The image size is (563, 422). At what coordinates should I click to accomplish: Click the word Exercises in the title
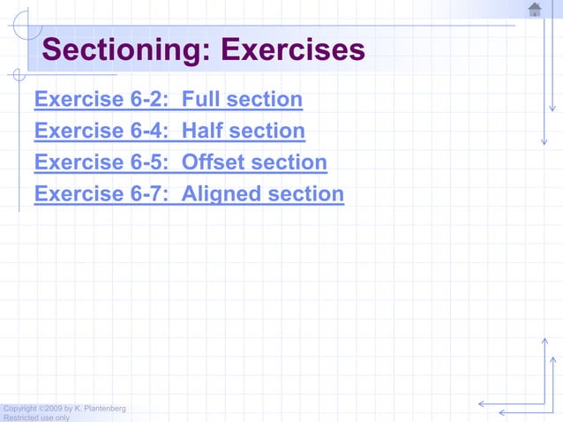tap(292, 49)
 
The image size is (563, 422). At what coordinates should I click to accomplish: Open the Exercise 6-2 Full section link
tap(168, 100)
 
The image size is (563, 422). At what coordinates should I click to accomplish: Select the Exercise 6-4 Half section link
tap(169, 132)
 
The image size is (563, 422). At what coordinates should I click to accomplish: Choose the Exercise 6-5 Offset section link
tap(180, 163)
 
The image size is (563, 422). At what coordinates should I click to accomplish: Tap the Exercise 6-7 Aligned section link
tap(189, 194)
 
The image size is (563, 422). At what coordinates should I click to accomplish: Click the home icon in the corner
tap(535, 10)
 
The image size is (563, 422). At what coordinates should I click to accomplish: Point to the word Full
tap(201, 100)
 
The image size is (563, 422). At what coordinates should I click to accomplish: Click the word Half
tap(203, 132)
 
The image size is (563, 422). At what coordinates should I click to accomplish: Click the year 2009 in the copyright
tap(52, 408)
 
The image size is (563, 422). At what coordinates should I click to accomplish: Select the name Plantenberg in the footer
tap(105, 408)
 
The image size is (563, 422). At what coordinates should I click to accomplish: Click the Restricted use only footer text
tap(36, 418)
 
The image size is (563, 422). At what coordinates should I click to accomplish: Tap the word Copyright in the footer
tap(20, 408)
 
